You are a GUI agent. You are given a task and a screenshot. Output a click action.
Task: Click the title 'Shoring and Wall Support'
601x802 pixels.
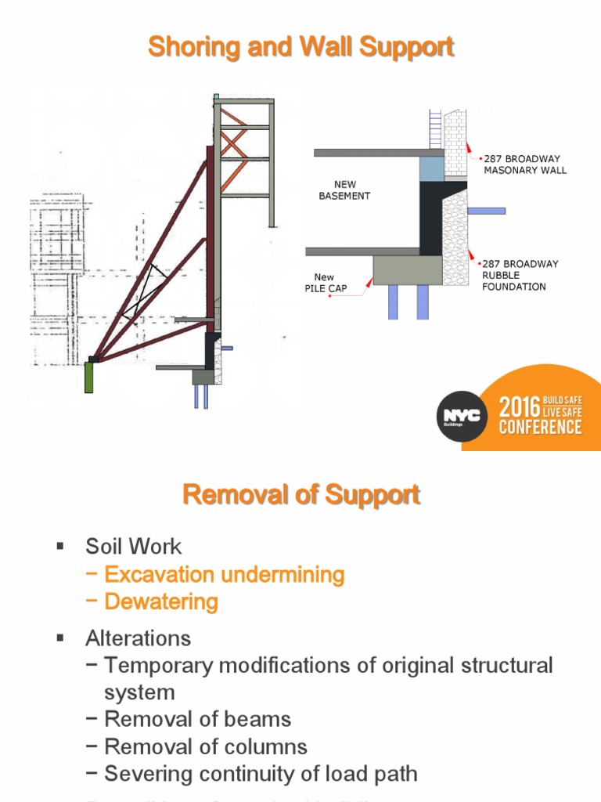301,47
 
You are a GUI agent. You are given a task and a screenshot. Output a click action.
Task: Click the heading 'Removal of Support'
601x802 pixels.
301,495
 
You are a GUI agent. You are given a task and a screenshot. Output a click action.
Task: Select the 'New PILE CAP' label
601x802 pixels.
325,283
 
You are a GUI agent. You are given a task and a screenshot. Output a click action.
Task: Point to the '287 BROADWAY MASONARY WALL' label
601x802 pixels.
524,164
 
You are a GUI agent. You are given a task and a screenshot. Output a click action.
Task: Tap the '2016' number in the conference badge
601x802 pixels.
520,407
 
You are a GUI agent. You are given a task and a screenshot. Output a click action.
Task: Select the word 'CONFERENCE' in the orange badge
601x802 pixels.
541,428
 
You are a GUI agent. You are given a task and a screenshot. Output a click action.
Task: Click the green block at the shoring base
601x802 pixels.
89,377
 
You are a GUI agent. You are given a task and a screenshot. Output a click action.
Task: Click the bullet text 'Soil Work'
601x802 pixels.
133,546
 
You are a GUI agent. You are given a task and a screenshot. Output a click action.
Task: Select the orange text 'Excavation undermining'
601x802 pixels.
225,574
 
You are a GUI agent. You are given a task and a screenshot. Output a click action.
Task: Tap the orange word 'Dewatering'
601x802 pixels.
161,601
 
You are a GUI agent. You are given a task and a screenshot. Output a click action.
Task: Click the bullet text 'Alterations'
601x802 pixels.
138,638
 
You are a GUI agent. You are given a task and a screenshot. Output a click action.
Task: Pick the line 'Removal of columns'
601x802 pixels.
206,746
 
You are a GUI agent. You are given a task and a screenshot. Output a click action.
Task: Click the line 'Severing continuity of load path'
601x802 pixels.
261,774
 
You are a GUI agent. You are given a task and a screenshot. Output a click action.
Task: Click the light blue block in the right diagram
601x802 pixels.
431,168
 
